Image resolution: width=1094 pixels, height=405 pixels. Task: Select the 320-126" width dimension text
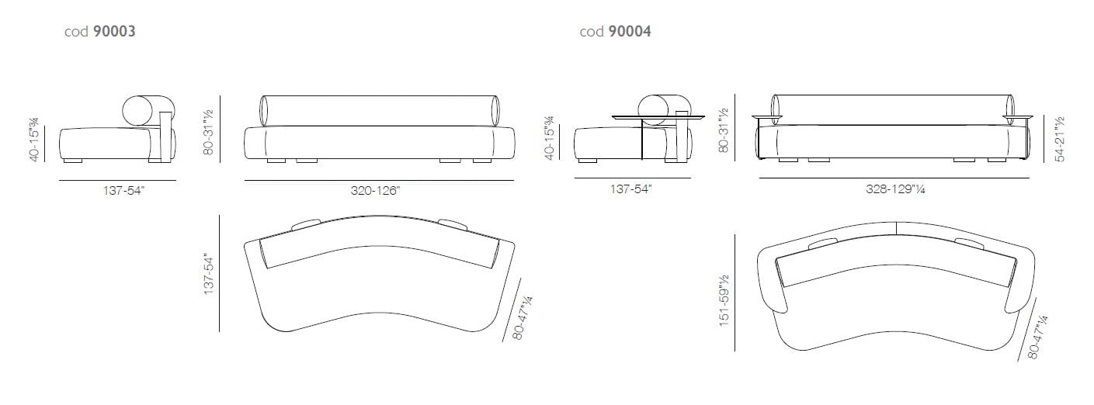click(378, 190)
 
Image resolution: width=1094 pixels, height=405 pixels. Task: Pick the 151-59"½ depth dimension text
click(725, 299)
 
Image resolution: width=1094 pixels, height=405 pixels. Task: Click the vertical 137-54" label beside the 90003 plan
click(208, 273)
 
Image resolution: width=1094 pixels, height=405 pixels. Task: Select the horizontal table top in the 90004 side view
click(658, 117)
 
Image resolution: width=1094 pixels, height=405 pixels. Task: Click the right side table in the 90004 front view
click(1019, 117)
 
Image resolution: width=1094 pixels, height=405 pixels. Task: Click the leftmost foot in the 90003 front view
click(273, 161)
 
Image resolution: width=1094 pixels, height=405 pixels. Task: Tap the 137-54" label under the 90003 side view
click(123, 190)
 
